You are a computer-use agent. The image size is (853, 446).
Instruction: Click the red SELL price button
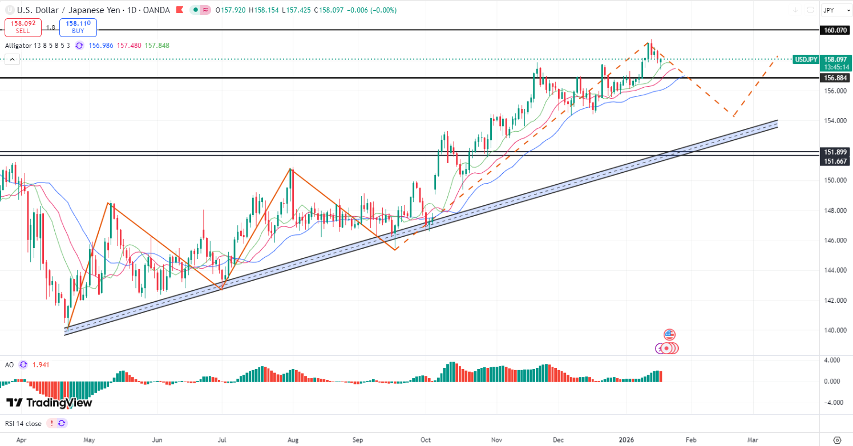coord(23,27)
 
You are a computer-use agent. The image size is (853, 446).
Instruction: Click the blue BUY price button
coord(78,27)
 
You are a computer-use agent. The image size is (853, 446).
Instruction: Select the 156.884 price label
coord(835,78)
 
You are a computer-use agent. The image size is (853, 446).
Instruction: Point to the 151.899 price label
coord(835,152)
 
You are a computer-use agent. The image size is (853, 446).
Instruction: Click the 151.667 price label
coord(835,162)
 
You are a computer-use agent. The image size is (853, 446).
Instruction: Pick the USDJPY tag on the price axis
coord(807,59)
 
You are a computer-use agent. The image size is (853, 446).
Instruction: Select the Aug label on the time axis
coord(293,440)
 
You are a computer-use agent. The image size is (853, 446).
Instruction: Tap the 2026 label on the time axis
coord(626,440)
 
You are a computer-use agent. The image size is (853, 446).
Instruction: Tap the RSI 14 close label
coord(23,423)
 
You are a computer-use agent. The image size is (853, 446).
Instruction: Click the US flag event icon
coord(669,334)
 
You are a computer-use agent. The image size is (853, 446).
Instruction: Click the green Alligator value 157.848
coord(157,46)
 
